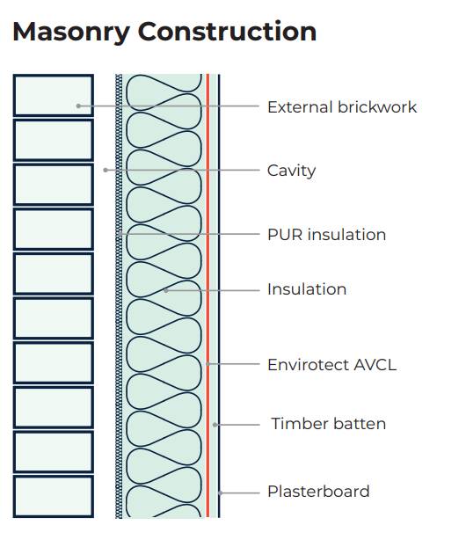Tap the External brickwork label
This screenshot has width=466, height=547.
pos(341,107)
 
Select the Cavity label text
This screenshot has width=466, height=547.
pos(291,171)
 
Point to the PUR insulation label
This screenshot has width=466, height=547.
pos(326,235)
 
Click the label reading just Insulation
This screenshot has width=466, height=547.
pos(307,289)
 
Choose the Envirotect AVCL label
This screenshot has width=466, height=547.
pos(331,364)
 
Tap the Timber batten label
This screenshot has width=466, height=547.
pos(328,424)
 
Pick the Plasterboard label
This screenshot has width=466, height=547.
pos(318,492)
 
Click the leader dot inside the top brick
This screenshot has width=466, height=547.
pos(78,106)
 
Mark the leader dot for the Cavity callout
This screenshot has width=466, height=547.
pos(106,170)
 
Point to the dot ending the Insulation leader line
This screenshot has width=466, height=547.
pos(165,289)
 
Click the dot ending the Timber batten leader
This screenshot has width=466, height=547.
pos(215,424)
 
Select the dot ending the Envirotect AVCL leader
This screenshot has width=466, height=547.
pos(208,364)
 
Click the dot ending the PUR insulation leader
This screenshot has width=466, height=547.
pos(120,235)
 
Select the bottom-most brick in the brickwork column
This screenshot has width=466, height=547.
pos(53,496)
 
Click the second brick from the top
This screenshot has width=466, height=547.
pos(53,140)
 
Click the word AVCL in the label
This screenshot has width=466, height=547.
pos(374,364)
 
